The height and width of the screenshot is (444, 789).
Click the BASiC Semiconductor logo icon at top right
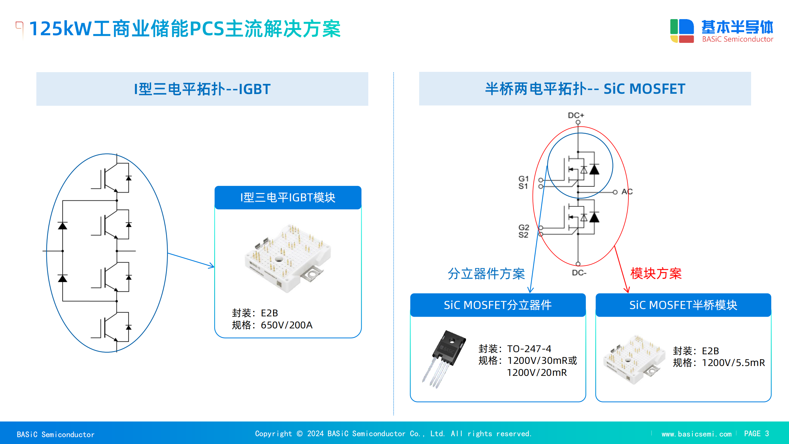tap(682, 31)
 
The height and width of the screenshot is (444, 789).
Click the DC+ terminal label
tap(576, 115)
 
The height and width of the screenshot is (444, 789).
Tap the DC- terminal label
tap(579, 273)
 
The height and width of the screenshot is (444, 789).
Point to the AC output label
tap(627, 192)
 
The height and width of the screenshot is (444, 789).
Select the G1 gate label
tap(523, 179)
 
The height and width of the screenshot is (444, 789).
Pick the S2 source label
tap(523, 235)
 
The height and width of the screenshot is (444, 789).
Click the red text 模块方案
tap(656, 273)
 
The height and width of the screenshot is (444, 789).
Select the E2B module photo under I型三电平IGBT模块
tap(288, 258)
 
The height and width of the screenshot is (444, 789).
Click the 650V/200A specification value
tap(287, 325)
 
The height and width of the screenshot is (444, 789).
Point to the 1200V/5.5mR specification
tap(733, 363)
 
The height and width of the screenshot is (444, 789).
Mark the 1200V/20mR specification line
tap(537, 372)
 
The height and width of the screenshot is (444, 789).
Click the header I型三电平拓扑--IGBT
tap(202, 89)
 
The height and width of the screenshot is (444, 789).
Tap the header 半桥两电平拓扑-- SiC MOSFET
tap(585, 89)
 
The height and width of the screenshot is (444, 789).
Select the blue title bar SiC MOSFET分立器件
tap(498, 305)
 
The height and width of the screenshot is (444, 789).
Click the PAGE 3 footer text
tap(756, 434)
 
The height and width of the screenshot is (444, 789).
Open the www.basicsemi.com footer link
tap(696, 434)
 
